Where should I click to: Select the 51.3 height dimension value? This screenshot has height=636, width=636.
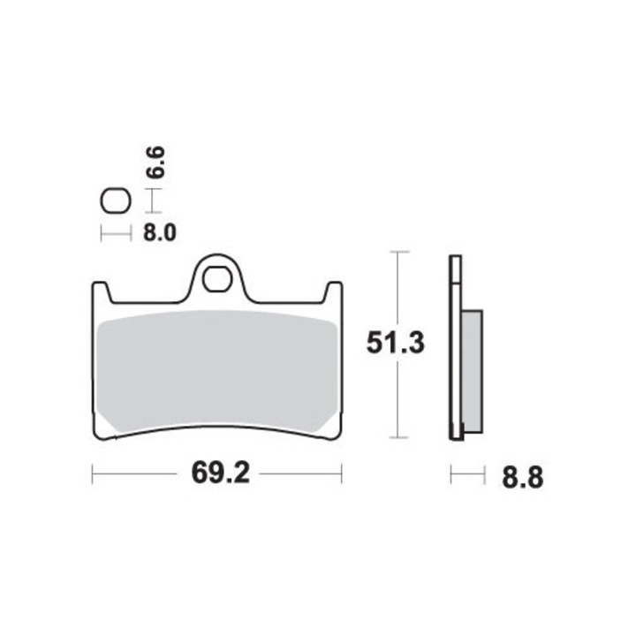[396, 342]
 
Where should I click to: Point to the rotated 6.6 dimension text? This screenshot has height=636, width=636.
[155, 165]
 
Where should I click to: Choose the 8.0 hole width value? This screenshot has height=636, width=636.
[160, 234]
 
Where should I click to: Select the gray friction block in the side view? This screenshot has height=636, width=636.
[473, 371]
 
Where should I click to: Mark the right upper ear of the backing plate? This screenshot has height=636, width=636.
[333, 291]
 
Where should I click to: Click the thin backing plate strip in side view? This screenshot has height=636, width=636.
[456, 353]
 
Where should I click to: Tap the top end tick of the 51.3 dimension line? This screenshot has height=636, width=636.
[400, 253]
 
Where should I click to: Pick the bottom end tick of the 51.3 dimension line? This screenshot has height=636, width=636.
[400, 438]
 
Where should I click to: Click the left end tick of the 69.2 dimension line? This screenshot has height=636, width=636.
[93, 474]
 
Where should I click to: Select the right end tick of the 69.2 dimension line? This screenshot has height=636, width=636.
[342, 474]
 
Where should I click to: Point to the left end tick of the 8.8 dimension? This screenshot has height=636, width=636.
[451, 475]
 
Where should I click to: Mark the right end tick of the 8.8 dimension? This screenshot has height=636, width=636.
[484, 475]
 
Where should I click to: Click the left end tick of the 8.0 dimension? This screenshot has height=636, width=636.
[102, 234]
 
